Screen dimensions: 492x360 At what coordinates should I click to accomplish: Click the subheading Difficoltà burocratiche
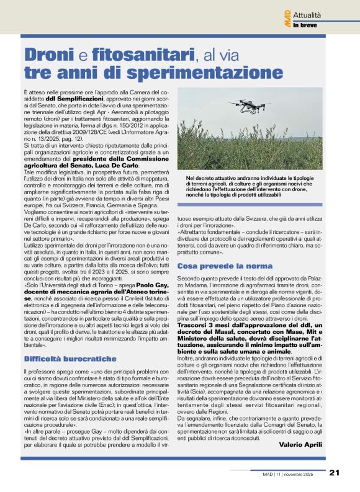click(70, 359)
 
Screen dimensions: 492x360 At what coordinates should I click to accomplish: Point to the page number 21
click(333, 472)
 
